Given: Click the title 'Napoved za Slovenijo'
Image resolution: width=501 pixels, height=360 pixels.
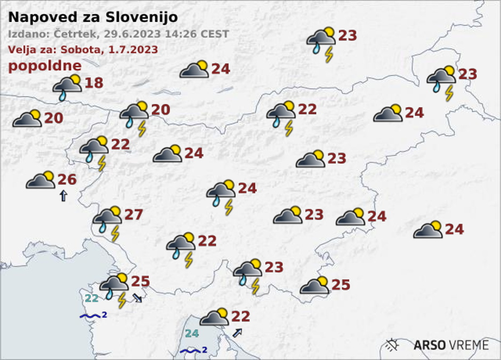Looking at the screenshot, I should pos(93,18).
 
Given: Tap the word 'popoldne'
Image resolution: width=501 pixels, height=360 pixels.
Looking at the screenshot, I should pos(45,66).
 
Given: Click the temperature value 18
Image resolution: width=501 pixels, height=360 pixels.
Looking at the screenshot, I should pos(94,83).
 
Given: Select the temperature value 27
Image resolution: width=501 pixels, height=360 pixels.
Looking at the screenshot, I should pos(134,215).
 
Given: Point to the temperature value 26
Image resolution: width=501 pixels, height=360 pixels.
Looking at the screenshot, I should pos(67,180).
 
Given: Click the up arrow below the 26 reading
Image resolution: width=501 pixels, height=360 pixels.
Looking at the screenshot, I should pos(63,195).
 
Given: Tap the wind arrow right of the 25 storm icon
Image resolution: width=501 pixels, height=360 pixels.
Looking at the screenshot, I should pos(138,298).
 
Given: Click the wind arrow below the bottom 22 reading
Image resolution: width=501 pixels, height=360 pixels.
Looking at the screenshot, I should pos(237,333).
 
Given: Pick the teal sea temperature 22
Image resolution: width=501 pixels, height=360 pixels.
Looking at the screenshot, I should pos(92,299).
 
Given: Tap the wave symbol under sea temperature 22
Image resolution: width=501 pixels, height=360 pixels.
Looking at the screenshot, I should pos(90,316).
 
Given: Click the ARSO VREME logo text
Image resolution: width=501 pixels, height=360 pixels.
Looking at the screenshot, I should pos(451,345).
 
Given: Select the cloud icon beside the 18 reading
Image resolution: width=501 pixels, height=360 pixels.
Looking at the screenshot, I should pos(67,86).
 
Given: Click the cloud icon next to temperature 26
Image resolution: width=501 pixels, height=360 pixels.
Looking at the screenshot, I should pos(41,180).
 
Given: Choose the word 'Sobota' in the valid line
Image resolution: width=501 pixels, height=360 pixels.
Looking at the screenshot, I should pos(74,50).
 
